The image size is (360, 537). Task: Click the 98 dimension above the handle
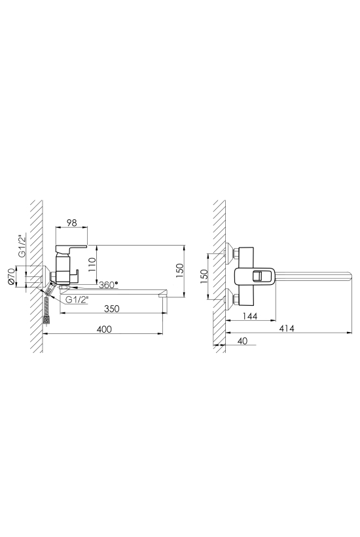coord(71,223)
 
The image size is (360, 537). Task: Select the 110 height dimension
coord(91,265)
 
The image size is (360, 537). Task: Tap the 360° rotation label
coord(108,284)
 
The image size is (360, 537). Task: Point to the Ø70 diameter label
coord(11,277)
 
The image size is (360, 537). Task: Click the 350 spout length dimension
coord(111,308)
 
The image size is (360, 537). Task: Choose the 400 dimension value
coord(104,329)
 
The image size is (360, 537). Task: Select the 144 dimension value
coord(249,316)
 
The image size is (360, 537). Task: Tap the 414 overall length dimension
coord(287,328)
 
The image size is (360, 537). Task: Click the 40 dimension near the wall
coord(242,341)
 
